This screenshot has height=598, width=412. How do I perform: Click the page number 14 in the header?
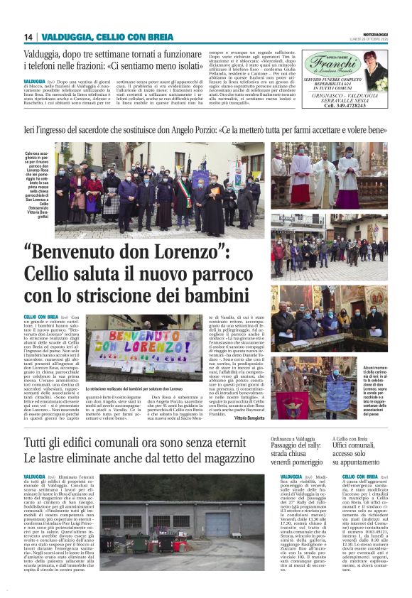pos(28,37)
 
